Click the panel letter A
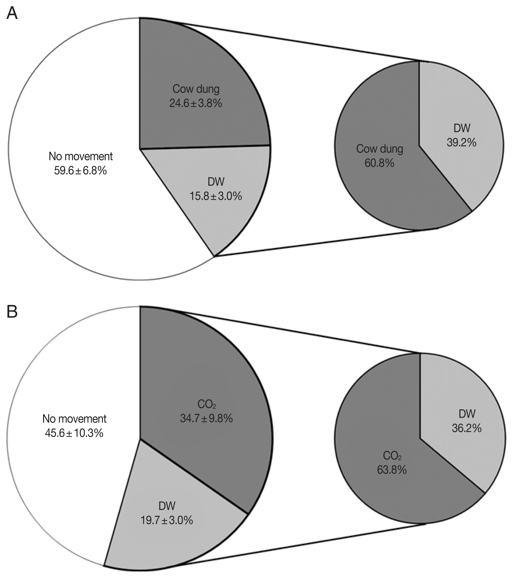(x=12, y=13)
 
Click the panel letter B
(x=12, y=312)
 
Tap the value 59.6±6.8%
(x=81, y=171)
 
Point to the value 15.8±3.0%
(x=216, y=196)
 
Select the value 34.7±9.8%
(x=206, y=419)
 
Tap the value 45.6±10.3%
(x=74, y=433)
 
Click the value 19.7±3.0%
(x=167, y=520)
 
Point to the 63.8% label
(x=392, y=470)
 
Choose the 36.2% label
(x=467, y=429)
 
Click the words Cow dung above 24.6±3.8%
(x=196, y=89)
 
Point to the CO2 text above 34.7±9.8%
(x=206, y=405)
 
